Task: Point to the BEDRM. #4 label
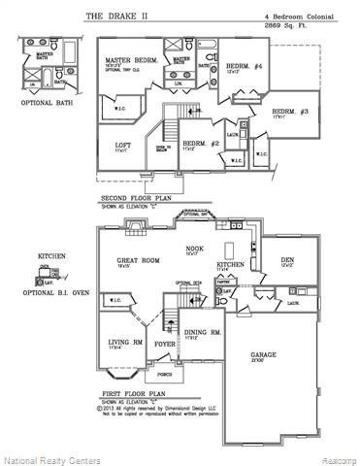(x=230, y=66)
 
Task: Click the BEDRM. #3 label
(x=290, y=111)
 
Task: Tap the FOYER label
(x=164, y=343)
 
